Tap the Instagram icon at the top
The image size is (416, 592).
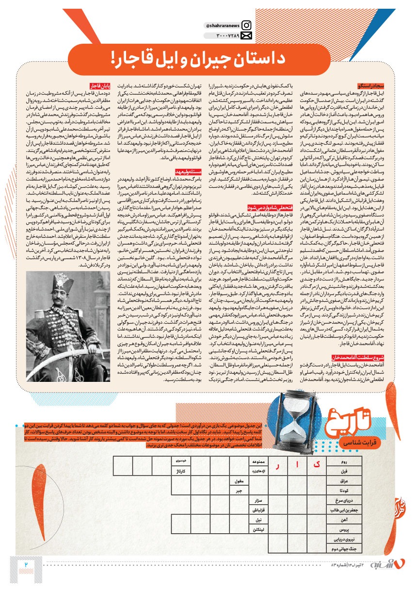point(246,25)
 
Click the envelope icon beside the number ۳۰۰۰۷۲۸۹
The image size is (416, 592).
point(246,36)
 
